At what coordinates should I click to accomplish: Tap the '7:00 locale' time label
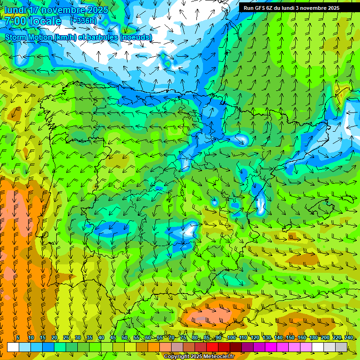coord(33,21)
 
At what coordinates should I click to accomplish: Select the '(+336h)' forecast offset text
coord(83,21)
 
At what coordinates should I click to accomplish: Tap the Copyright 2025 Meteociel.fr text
coord(199,357)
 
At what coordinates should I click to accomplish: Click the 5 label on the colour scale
coord(18,338)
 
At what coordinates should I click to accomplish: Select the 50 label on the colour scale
coord(124,338)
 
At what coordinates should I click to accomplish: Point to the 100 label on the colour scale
coord(231,338)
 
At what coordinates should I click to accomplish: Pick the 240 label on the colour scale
coord(349,338)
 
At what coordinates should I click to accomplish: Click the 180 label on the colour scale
coord(314,338)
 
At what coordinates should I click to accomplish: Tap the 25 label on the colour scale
coord(66,338)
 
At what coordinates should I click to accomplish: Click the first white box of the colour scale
coord(13,347)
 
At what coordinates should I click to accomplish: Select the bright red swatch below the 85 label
coord(212,347)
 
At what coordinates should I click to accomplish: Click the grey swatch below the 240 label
coord(341,347)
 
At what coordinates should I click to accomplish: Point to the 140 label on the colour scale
coord(278,338)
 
